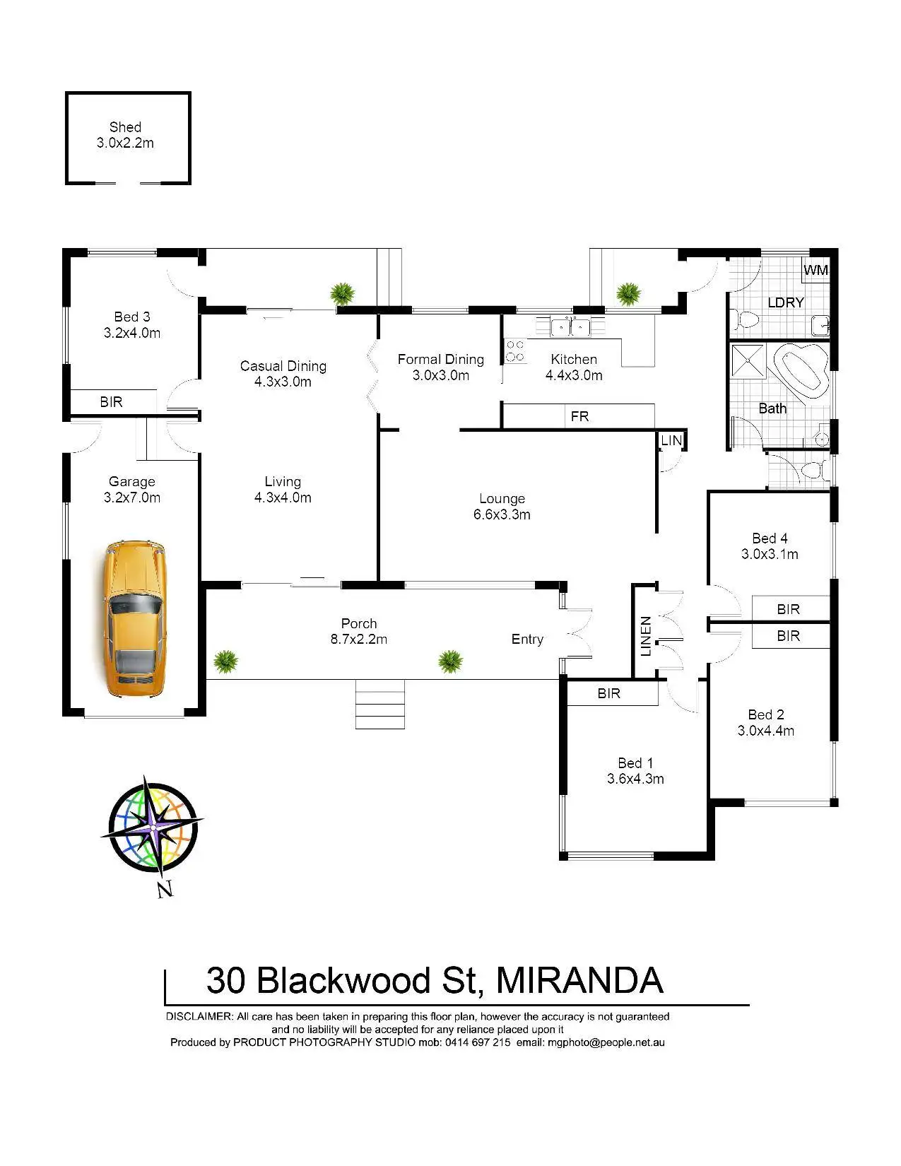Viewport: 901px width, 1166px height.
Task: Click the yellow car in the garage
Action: click(x=134, y=619)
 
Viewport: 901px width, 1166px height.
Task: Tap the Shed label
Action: click(x=125, y=127)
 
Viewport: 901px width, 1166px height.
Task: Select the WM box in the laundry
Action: click(x=815, y=270)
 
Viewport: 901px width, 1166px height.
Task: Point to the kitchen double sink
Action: click(x=570, y=326)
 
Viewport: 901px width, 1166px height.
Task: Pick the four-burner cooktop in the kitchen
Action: click(x=515, y=351)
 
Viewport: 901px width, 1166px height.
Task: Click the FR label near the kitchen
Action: click(x=579, y=416)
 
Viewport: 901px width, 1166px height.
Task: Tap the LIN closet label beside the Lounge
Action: click(x=671, y=440)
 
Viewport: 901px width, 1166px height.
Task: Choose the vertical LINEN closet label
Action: click(x=646, y=636)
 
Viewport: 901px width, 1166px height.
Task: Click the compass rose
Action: click(x=153, y=828)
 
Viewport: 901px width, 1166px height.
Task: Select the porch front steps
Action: click(x=380, y=704)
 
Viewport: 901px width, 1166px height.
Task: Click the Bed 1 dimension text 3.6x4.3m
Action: click(x=635, y=779)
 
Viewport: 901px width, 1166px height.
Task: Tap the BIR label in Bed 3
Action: click(x=111, y=402)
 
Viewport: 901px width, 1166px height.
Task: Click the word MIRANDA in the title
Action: click(x=579, y=980)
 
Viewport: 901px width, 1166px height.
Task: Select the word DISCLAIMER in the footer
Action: click(x=199, y=1016)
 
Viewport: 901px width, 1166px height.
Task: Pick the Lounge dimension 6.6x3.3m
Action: click(x=502, y=514)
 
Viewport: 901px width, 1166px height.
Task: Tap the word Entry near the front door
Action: click(x=527, y=639)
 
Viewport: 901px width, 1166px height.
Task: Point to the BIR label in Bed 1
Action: click(x=608, y=693)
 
